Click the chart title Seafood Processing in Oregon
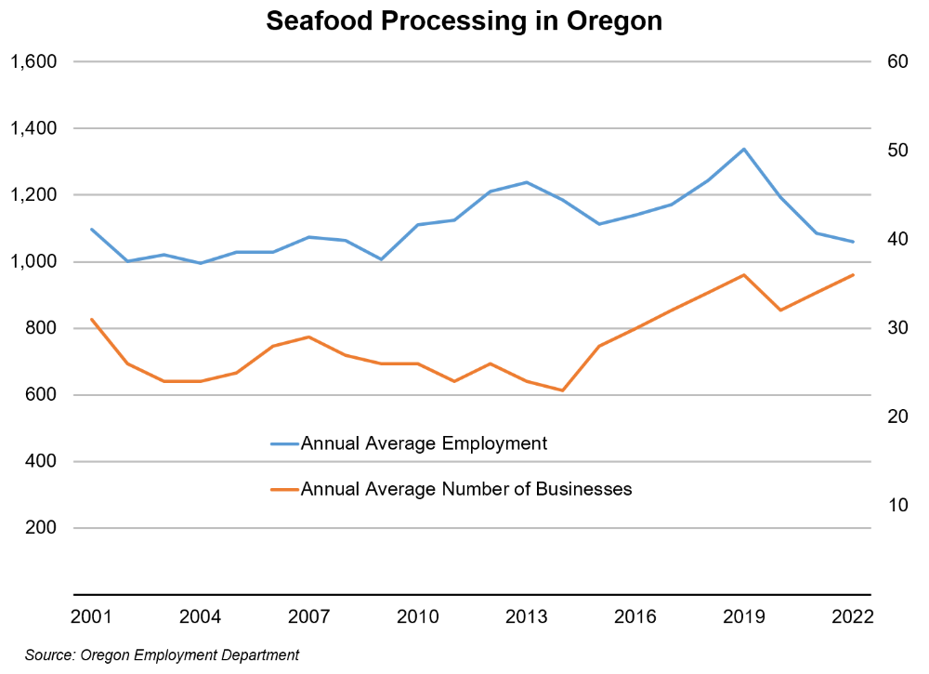pyautogui.click(x=464, y=21)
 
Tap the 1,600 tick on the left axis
pyautogui.click(x=33, y=61)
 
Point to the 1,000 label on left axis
pyautogui.click(x=33, y=261)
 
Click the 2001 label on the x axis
pyautogui.click(x=91, y=617)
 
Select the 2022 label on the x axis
pyautogui.click(x=853, y=617)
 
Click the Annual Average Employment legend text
pyautogui.click(x=424, y=443)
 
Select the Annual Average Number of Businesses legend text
pyautogui.click(x=466, y=489)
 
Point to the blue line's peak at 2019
pyautogui.click(x=744, y=149)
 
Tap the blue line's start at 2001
pyautogui.click(x=91, y=229)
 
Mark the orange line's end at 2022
pyautogui.click(x=853, y=275)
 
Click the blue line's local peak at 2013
pyautogui.click(x=526, y=182)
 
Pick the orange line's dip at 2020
pyautogui.click(x=780, y=310)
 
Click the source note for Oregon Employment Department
pyautogui.click(x=163, y=655)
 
